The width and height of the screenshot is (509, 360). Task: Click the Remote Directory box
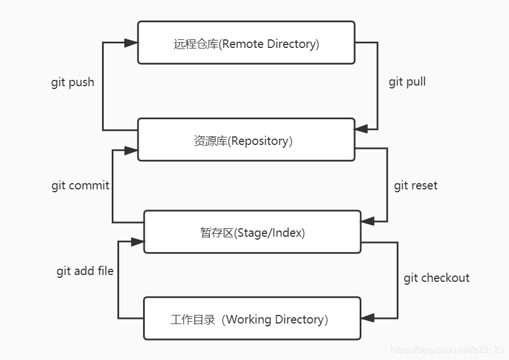tap(246, 43)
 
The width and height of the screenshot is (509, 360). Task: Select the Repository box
tap(246, 140)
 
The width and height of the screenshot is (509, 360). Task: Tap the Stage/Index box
tap(252, 232)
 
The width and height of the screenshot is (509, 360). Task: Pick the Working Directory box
tap(251, 318)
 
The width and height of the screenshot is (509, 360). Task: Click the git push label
tap(72, 82)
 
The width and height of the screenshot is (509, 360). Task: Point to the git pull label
tap(407, 82)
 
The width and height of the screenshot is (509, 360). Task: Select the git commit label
tap(80, 185)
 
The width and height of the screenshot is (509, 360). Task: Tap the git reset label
tap(416, 185)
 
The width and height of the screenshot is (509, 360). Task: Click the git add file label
tap(84, 271)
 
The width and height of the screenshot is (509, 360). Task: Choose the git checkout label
tap(436, 278)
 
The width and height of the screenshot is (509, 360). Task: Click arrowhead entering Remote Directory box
tap(131, 43)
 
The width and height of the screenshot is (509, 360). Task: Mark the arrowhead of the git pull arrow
tap(361, 130)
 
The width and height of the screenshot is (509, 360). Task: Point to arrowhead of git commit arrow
tap(131, 151)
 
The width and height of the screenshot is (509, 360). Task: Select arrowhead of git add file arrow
tap(137, 242)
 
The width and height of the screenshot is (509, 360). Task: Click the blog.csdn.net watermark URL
tap(445, 349)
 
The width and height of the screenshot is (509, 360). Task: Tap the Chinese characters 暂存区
tap(217, 232)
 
